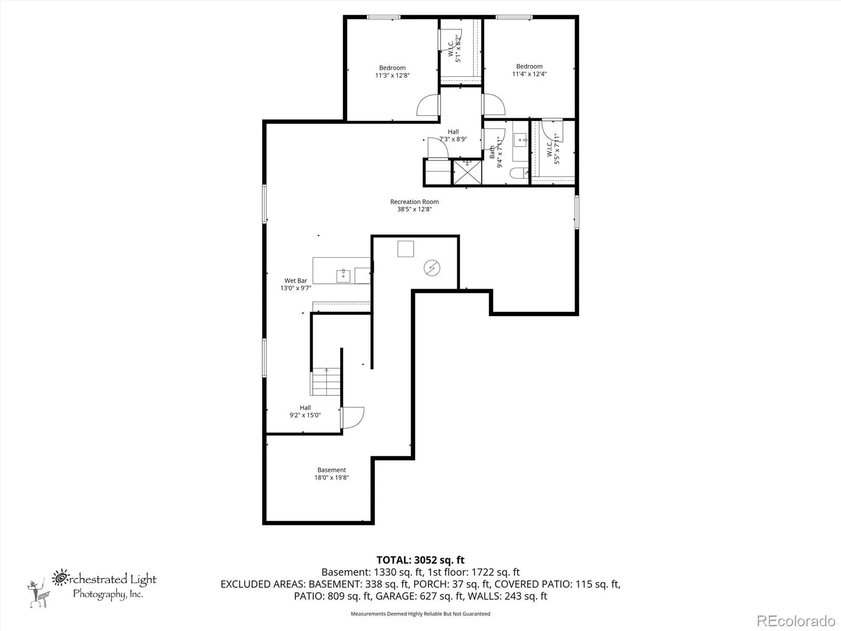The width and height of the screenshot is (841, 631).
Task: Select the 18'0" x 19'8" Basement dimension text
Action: pyautogui.click(x=332, y=477)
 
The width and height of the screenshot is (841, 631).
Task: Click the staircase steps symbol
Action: pyautogui.click(x=325, y=382)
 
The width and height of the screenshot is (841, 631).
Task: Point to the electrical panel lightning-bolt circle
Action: pyautogui.click(x=432, y=268)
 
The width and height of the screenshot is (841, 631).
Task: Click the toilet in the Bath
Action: pyautogui.click(x=519, y=173)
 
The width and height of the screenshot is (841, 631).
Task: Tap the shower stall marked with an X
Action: pyautogui.click(x=467, y=173)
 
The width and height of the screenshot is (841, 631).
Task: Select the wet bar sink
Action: pyautogui.click(x=343, y=276)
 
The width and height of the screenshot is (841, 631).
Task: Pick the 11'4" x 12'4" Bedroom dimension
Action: pyautogui.click(x=529, y=74)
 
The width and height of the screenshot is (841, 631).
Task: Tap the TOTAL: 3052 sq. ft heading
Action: pyautogui.click(x=420, y=560)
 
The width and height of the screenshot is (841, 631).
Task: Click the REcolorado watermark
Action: pyautogui.click(x=796, y=620)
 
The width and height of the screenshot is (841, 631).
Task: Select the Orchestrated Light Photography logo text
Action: pyautogui.click(x=104, y=585)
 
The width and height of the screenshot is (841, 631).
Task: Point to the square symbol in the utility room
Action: pyautogui.click(x=405, y=249)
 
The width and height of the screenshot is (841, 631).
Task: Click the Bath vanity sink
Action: pyautogui.click(x=520, y=140)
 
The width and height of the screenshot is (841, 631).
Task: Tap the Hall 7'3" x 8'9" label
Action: pyautogui.click(x=453, y=135)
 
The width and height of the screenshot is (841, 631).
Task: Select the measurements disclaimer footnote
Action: pyautogui.click(x=420, y=614)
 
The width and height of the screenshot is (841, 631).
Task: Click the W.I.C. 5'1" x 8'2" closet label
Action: pyautogui.click(x=455, y=49)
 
